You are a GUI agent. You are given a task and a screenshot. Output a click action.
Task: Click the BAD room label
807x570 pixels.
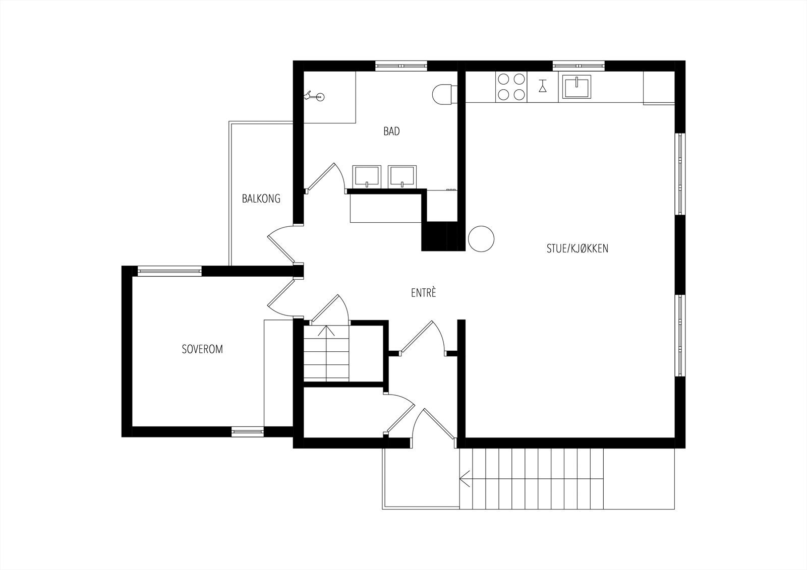pyautogui.click(x=391, y=132)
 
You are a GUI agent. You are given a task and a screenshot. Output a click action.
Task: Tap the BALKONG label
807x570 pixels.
pyautogui.click(x=261, y=199)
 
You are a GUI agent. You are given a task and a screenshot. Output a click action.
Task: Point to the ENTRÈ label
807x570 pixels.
pyautogui.click(x=423, y=293)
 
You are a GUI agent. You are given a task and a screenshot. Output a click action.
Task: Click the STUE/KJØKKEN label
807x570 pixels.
pyautogui.click(x=578, y=248)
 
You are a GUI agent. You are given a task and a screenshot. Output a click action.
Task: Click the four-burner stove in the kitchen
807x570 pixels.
pyautogui.click(x=511, y=87)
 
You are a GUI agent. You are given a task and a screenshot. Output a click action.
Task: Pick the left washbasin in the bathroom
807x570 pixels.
pyautogui.click(x=366, y=175)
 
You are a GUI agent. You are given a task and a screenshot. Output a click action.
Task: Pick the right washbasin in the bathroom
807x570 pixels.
pyautogui.click(x=402, y=175)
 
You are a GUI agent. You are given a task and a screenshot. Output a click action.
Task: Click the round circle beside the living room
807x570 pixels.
pyautogui.click(x=481, y=238)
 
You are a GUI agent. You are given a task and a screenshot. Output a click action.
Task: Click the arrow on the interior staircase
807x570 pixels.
pyautogui.click(x=326, y=331)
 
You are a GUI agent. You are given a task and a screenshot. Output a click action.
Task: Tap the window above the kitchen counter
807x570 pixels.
pyautogui.click(x=579, y=66)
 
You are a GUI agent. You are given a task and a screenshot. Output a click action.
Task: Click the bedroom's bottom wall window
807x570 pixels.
pyautogui.click(x=248, y=431)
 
